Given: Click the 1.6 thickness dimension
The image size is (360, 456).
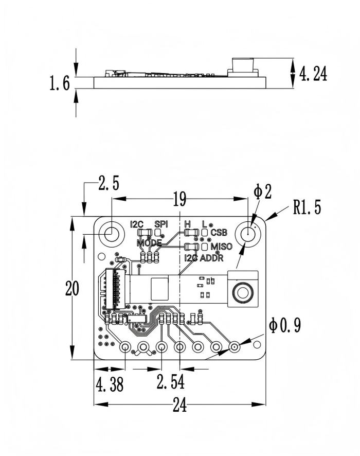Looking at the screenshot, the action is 60,83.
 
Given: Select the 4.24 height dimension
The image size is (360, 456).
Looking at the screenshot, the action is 313,74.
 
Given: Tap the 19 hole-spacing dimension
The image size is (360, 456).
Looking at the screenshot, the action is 179,199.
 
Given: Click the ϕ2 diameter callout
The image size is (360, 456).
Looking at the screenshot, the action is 262,192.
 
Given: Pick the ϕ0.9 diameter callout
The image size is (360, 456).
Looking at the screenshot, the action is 285,325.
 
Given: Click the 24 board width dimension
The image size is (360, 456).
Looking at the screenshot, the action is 179,405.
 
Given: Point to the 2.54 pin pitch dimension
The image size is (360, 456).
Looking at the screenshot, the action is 171,381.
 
